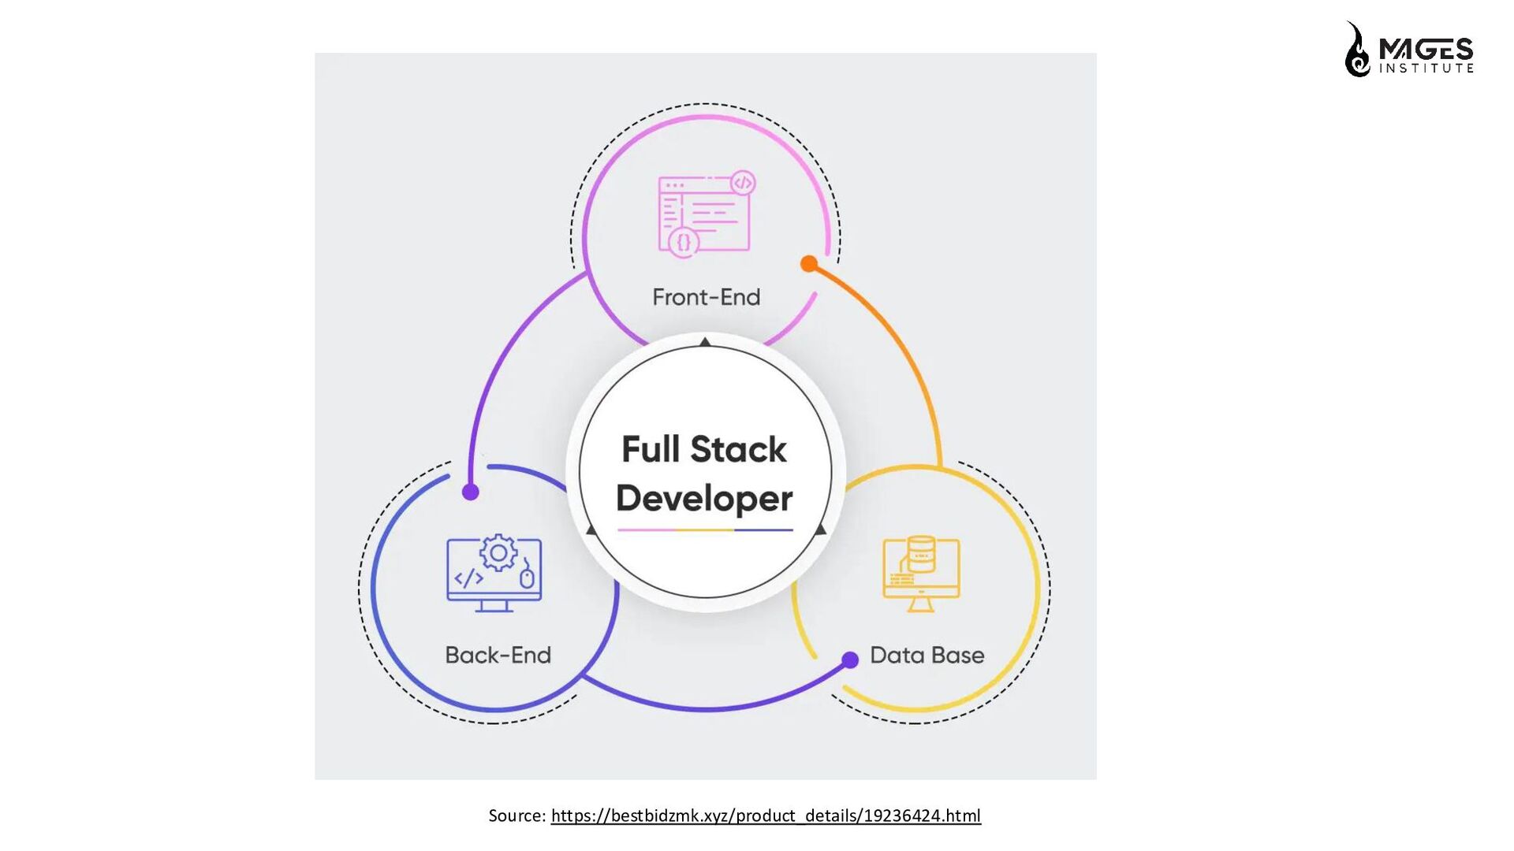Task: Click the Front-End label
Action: [706, 297]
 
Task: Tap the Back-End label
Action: [498, 655]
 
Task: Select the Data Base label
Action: [927, 655]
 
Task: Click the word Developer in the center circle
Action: [704, 498]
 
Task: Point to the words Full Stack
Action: [704, 449]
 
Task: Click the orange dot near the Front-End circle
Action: [808, 264]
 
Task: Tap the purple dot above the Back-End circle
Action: [471, 492]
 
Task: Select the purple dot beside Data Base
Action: [850, 660]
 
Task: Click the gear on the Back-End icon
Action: [498, 553]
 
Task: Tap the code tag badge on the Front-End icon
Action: [743, 184]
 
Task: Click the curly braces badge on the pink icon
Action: [684, 242]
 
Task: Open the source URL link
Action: [766, 816]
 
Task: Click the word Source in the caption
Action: [515, 816]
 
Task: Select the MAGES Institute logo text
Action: [1426, 55]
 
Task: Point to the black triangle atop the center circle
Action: [705, 342]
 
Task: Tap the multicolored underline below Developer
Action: [705, 530]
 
